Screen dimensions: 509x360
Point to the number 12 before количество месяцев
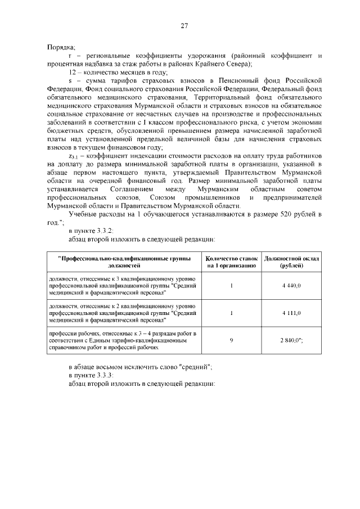72,73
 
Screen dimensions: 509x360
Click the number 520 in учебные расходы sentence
273,215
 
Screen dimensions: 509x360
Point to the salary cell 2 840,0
292,340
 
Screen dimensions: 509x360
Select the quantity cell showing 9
232,340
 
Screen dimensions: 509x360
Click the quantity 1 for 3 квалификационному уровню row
232,286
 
